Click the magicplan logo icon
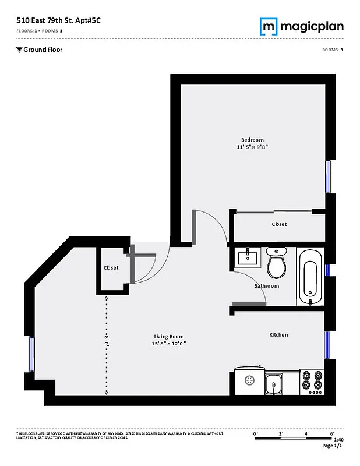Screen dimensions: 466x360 point(268,26)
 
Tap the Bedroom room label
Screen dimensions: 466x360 point(252,140)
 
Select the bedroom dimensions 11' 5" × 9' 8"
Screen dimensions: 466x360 point(252,148)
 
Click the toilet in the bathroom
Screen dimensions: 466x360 point(276,263)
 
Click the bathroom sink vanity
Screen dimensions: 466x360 point(250,258)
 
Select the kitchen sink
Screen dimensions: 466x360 point(273,384)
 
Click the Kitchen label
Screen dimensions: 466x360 point(278,335)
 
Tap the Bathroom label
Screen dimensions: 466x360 point(266,286)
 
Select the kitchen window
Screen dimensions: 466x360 point(327,346)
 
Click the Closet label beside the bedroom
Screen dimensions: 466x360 point(279,224)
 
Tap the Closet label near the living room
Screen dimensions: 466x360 point(111,268)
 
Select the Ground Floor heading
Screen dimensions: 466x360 point(43,50)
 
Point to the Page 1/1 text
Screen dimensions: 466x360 point(333,446)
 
